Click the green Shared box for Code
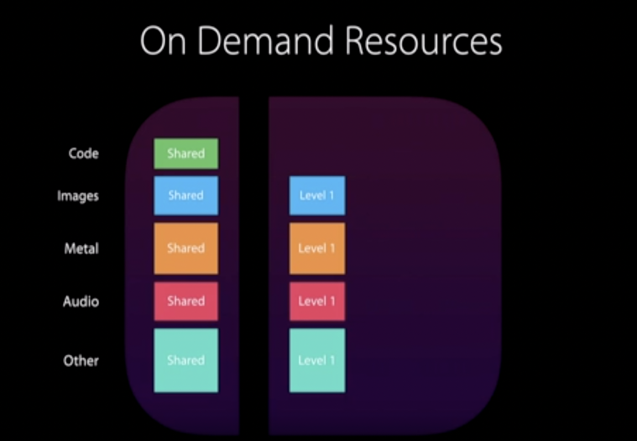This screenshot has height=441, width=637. click(186, 154)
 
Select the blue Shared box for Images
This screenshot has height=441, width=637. click(186, 196)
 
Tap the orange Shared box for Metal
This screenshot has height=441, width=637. click(186, 248)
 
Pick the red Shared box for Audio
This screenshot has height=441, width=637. click(186, 301)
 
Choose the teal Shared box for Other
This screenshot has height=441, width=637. click(186, 360)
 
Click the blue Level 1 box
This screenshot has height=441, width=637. click(317, 196)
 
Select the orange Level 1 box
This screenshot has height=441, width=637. click(317, 248)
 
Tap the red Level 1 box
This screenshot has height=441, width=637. click(317, 301)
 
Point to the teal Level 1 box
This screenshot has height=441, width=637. click(317, 360)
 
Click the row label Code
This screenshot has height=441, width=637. click(83, 154)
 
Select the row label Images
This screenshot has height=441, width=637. click(78, 196)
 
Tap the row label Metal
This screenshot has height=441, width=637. click(81, 248)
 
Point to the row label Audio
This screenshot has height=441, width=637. click(81, 301)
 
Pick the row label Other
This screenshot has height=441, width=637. click(81, 360)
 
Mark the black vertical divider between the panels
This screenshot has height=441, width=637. click(254, 265)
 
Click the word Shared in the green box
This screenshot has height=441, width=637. click(186, 154)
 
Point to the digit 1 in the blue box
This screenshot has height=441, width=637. click(333, 196)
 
